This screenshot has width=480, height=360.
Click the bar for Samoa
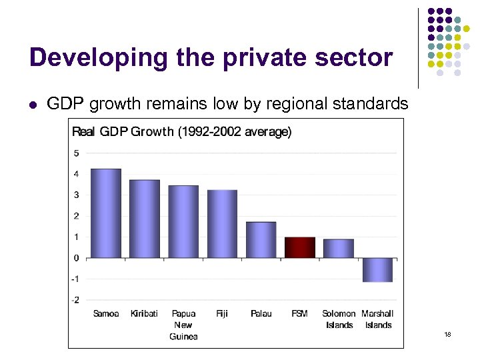(106, 213)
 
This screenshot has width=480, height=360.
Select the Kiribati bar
(145, 219)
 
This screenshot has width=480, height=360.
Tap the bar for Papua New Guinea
(183, 221)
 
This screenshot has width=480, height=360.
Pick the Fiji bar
(222, 224)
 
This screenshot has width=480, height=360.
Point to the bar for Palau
(261, 240)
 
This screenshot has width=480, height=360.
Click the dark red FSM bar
(300, 247)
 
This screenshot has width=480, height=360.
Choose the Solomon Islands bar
(339, 249)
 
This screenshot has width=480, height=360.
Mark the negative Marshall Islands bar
(377, 270)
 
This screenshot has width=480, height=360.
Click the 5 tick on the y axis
(77, 153)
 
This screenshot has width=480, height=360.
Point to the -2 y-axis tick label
(75, 300)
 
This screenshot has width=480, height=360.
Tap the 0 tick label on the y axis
(77, 258)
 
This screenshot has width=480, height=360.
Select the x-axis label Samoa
(106, 313)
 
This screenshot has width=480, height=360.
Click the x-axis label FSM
(300, 313)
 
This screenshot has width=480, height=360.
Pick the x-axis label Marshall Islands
(377, 319)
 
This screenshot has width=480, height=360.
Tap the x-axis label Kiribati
(145, 313)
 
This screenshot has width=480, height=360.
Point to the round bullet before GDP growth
(32, 104)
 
